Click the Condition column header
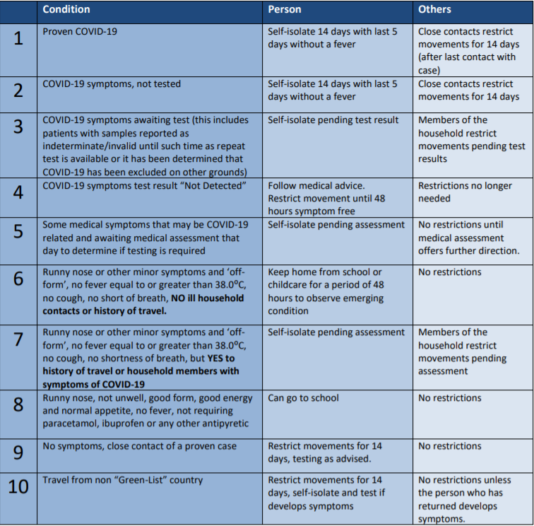coord(66,10)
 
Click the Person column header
coord(285,10)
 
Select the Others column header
coord(434,10)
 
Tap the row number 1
coord(18,38)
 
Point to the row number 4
coord(18,193)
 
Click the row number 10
coord(18,488)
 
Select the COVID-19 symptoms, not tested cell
coord(112,84)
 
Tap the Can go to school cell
coord(303,398)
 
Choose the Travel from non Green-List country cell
coord(122,480)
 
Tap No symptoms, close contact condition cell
coord(139,446)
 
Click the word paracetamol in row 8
coord(71,423)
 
